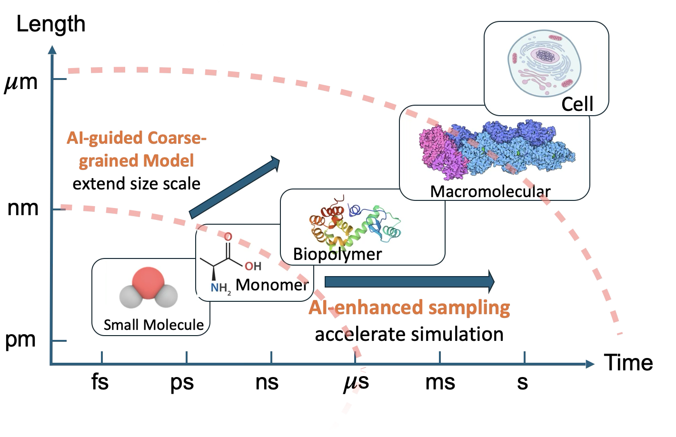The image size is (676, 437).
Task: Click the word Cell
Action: tap(577, 104)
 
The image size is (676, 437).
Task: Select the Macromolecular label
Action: tap(490, 191)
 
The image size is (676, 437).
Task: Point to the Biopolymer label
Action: tap(337, 254)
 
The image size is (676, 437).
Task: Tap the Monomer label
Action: tap(272, 285)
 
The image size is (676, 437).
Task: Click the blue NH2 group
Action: tap(220, 288)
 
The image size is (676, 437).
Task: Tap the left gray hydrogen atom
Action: tap(129, 297)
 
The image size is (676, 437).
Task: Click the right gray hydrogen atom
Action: tap(166, 297)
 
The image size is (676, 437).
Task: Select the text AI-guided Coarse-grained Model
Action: tap(137, 149)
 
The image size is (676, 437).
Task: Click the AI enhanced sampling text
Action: tap(409, 308)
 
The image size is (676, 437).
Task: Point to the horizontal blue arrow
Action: tap(409, 282)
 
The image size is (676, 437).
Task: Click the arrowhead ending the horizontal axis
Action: tap(590, 364)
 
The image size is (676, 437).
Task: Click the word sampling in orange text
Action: tap(469, 308)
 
